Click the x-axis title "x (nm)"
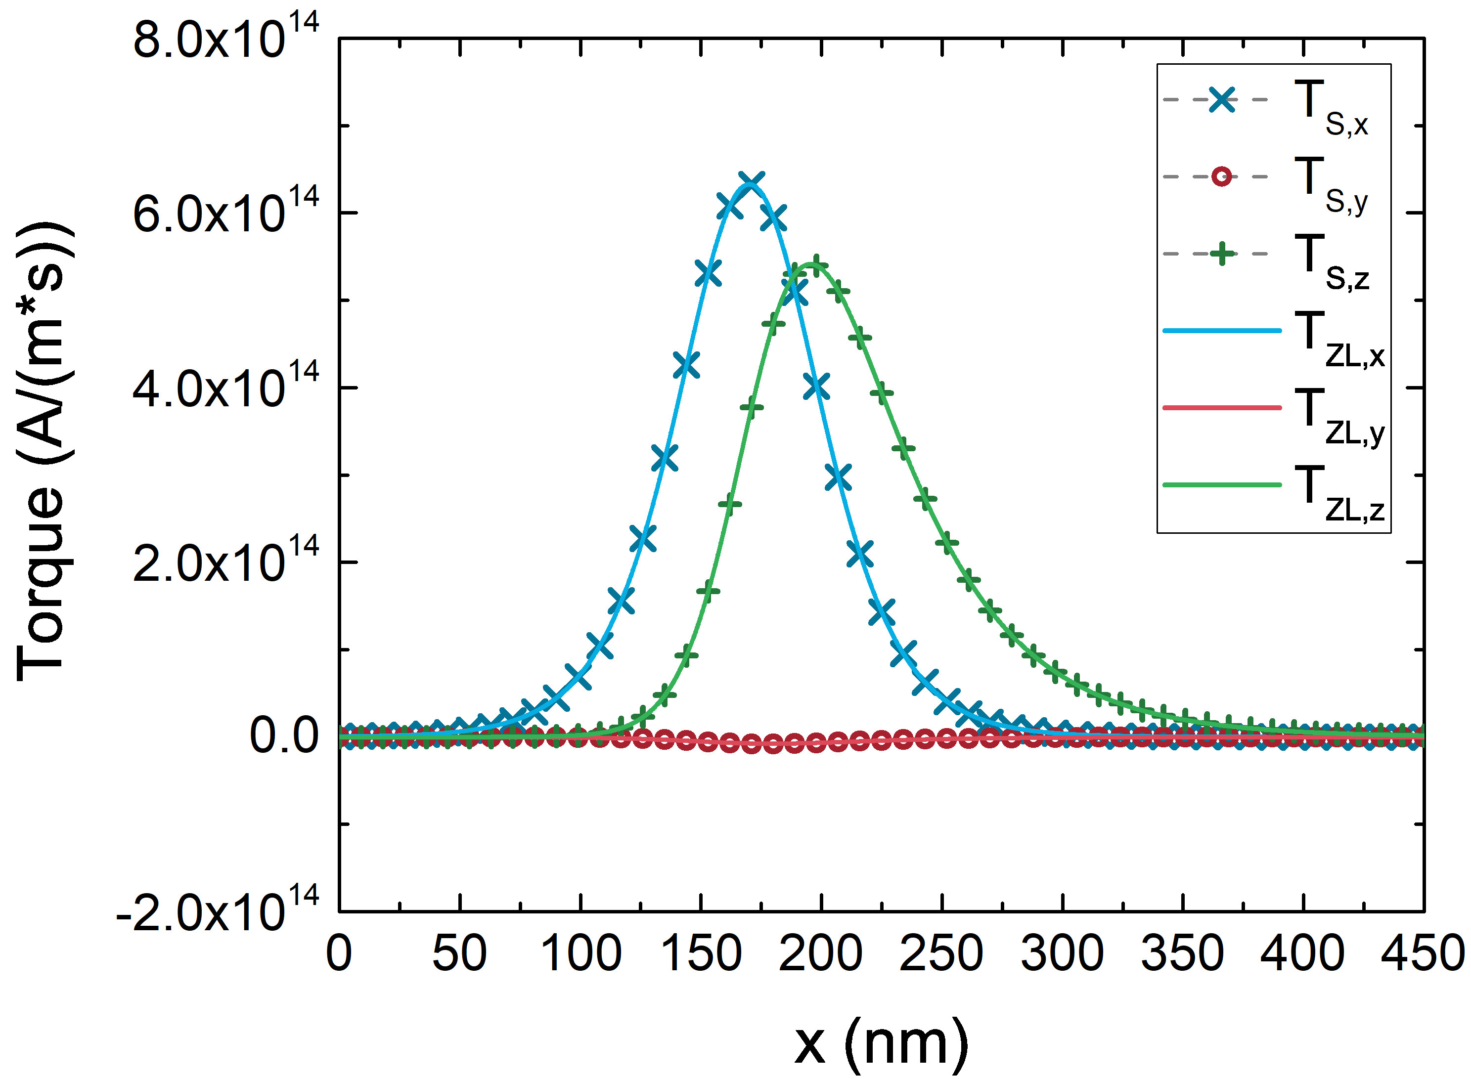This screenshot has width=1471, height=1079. [x=881, y=1043]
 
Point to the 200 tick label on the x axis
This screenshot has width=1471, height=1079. [x=820, y=953]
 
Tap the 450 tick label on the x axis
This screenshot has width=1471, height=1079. [x=1423, y=953]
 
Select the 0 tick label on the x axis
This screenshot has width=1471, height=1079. [x=339, y=953]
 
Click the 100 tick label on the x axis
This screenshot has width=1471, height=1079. [x=580, y=953]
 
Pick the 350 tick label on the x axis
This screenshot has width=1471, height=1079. [x=1182, y=953]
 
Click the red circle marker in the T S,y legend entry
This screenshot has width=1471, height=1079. [x=1221, y=176]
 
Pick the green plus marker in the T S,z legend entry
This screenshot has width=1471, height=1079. [x=1221, y=254]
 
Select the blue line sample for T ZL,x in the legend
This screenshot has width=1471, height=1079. [x=1221, y=331]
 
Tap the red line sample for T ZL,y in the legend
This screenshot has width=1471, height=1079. [x=1221, y=408]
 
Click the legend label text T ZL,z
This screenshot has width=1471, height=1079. [x=1337, y=494]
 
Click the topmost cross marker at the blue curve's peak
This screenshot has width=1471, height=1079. [x=751, y=182]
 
